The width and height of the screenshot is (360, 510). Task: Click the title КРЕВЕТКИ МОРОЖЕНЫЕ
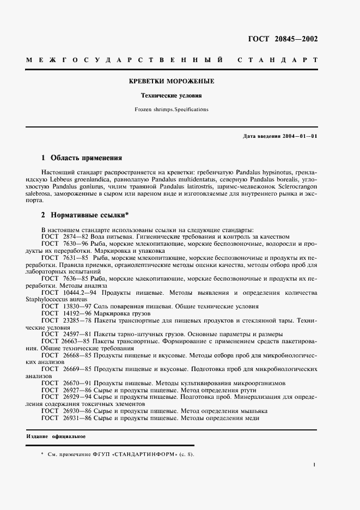[x=171, y=81]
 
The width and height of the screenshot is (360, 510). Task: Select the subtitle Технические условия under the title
[x=171, y=95]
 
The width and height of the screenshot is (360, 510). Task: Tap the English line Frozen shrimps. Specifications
[x=171, y=110]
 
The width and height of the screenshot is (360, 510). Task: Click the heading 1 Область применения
[x=81, y=158]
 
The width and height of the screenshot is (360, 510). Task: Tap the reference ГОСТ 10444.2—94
[x=64, y=293]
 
